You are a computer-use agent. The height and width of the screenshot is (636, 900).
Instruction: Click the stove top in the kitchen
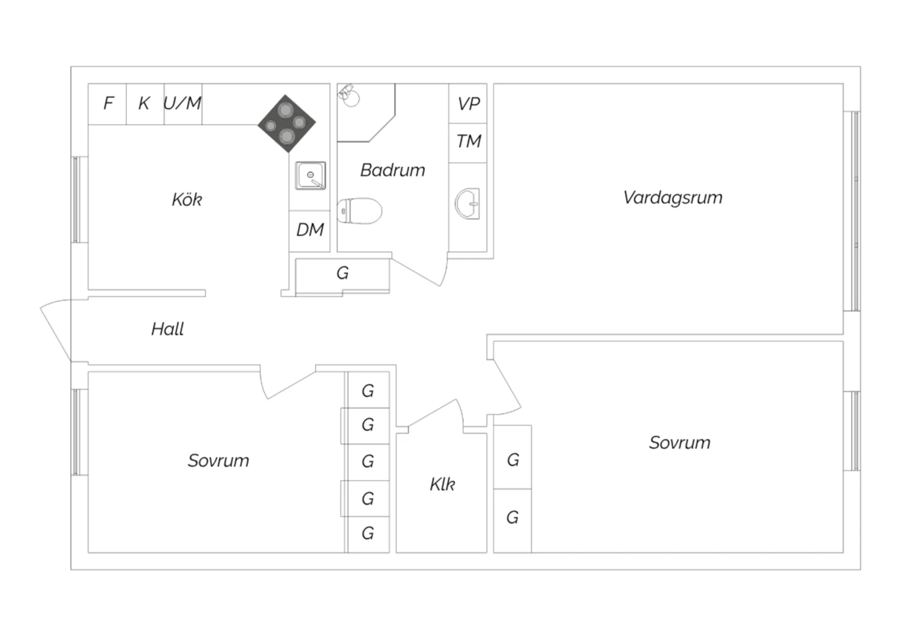pos(287,124)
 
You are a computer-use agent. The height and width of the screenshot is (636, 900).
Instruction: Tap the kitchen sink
pos(310,176)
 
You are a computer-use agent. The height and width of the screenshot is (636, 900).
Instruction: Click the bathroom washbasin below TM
pos(467,203)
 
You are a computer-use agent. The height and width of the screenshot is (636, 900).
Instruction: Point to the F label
pos(108,104)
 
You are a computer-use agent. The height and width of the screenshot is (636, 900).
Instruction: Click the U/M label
pos(182,104)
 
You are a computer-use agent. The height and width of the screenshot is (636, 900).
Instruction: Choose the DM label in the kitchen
pos(310,230)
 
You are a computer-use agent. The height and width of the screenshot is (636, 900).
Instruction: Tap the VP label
pos(469,104)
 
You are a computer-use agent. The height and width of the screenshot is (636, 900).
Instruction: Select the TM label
pos(469,142)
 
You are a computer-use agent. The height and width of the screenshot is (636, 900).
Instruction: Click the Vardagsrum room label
pos(673,197)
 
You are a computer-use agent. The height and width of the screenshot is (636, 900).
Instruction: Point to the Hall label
pos(167,329)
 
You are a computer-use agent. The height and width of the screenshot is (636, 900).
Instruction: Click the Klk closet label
pos(442,484)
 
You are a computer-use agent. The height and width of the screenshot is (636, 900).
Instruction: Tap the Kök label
pos(187,199)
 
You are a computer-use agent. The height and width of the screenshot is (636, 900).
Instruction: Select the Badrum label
pos(392,170)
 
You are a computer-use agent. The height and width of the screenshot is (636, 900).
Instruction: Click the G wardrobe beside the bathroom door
pos(343,274)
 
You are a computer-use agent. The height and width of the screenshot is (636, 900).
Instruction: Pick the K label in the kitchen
pos(144,104)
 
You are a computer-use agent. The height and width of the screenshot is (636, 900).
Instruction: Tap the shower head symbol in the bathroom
pos(347,95)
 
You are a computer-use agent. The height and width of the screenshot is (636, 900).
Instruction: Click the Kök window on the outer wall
pos(76,199)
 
